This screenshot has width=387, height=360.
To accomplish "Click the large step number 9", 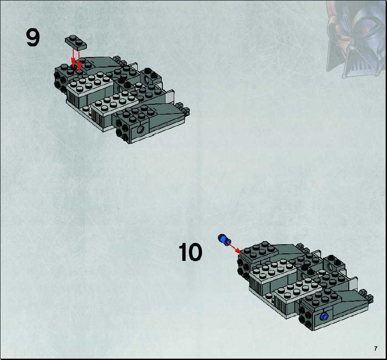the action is click(x=33, y=37).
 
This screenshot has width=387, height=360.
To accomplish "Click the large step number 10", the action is click(x=190, y=252).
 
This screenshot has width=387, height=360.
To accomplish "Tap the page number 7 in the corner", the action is click(x=376, y=349).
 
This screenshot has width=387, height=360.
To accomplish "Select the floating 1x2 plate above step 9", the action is click(x=76, y=43).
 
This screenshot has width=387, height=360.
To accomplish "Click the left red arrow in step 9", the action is click(x=73, y=57).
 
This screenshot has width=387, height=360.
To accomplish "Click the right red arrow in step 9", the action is click(x=79, y=61).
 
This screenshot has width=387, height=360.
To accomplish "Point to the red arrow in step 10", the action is click(x=234, y=248).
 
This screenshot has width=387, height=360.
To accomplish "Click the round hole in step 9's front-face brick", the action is click(x=141, y=129).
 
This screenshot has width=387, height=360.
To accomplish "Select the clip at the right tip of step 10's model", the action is click(x=366, y=296).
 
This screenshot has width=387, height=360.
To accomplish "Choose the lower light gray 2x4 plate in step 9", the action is click(x=115, y=102).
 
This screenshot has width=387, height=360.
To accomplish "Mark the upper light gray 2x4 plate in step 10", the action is click(x=272, y=270).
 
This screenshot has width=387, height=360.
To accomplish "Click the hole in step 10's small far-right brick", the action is click(x=330, y=267).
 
